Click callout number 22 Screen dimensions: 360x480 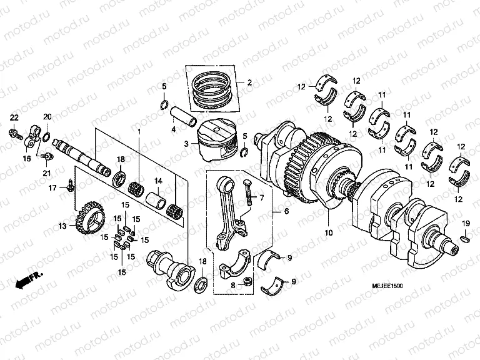(14, 118)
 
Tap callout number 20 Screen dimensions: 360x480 (47, 117)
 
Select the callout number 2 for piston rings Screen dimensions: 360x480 (249, 82)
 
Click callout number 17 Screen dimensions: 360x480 (53, 187)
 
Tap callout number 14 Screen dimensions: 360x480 (158, 181)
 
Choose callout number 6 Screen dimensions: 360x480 (286, 212)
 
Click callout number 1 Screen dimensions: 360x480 (139, 131)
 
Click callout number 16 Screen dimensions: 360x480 (26, 159)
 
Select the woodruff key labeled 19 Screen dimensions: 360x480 (465, 237)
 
